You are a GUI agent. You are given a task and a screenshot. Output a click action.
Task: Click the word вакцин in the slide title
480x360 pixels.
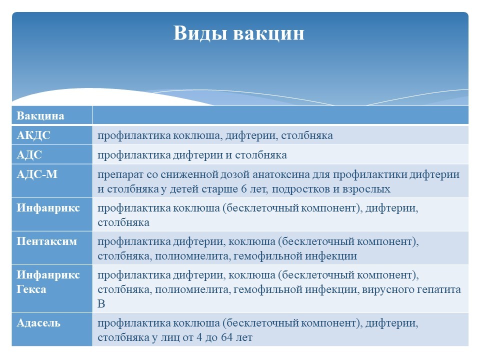(x=269, y=33)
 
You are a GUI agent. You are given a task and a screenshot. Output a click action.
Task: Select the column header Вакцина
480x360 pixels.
(x=40, y=115)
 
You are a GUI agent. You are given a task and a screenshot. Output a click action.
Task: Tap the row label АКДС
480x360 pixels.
(x=33, y=135)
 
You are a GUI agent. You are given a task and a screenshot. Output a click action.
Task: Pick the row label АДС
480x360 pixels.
(x=29, y=154)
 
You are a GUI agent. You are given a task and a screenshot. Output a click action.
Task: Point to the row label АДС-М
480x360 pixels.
(x=37, y=174)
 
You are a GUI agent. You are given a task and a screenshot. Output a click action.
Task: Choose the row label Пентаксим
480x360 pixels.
(x=46, y=241)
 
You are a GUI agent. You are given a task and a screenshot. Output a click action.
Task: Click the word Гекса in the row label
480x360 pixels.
(x=31, y=289)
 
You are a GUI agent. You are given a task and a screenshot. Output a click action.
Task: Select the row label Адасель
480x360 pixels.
(x=38, y=323)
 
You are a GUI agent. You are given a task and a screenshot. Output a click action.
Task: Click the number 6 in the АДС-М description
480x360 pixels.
(x=244, y=189)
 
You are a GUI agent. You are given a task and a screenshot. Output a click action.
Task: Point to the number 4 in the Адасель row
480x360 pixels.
(x=199, y=337)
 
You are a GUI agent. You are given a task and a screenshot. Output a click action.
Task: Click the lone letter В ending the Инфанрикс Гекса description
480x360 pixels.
(x=101, y=303)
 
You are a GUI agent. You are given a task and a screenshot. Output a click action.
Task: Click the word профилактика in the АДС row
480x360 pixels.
(x=134, y=155)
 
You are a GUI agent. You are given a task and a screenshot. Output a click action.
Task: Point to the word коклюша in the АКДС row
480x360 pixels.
(x=197, y=135)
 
